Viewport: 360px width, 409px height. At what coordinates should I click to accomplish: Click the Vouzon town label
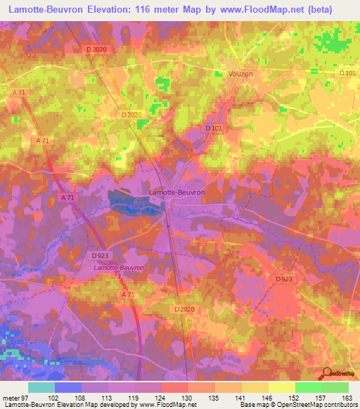coord(240,74)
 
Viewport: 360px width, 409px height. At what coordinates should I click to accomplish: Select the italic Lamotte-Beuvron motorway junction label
coord(118,268)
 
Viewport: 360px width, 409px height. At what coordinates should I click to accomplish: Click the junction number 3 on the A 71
coord(119,277)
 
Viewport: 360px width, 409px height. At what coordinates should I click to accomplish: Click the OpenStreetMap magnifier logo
coord(328,373)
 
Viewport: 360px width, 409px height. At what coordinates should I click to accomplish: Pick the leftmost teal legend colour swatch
coord(41,387)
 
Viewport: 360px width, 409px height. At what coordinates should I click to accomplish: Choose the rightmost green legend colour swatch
coord(335,387)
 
